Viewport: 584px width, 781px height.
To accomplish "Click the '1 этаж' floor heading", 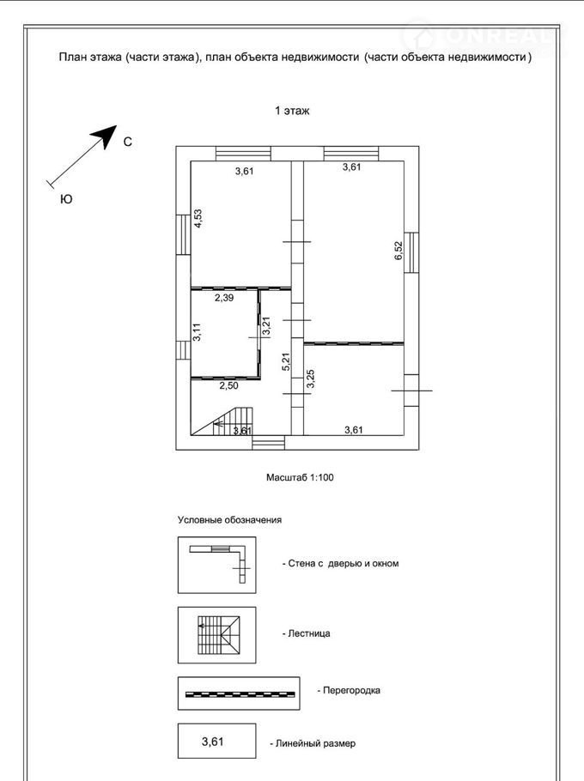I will coord(291,111).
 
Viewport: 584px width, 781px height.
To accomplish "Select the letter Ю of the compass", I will coord(65,199).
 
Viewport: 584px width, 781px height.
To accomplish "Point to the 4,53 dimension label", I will coord(198,218).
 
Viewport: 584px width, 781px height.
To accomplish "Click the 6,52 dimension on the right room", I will coord(398,250).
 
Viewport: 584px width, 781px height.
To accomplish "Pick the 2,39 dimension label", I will coord(223,298).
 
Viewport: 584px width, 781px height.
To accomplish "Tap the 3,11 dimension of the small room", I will coord(197,332).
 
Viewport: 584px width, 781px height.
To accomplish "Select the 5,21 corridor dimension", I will coord(285,363).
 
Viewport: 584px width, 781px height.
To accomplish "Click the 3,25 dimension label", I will coord(310,379).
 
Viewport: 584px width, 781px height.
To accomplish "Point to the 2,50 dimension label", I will coord(228,386).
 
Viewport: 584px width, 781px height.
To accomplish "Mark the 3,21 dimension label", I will coord(266,327).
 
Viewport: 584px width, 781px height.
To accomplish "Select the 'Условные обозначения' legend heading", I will coord(229,520).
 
